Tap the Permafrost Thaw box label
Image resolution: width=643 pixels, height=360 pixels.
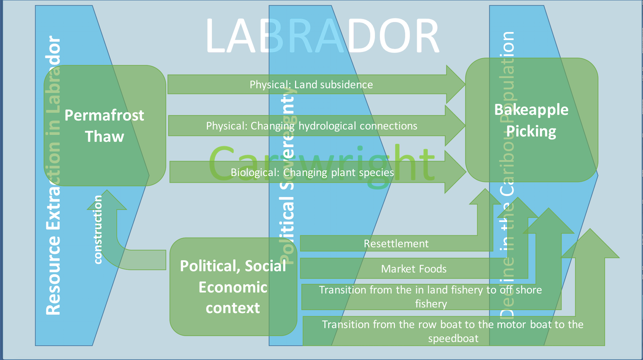point(104,126)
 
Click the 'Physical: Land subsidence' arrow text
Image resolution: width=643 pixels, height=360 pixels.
point(311,85)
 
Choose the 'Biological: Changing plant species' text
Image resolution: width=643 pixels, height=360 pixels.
point(312,172)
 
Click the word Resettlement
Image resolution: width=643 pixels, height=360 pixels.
point(396,244)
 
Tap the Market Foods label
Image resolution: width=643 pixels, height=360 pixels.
point(414,269)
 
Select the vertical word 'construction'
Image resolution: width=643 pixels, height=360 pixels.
point(98,229)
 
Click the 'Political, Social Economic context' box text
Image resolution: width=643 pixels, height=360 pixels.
point(233,287)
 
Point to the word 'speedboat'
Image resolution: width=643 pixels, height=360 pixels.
point(453,338)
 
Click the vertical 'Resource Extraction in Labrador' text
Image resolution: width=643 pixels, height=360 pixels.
point(54,175)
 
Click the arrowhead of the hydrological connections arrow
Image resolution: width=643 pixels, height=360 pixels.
point(455,126)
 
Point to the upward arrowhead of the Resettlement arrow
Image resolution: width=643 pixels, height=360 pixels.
point(485,197)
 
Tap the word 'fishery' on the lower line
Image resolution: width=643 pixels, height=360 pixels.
point(431,304)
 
